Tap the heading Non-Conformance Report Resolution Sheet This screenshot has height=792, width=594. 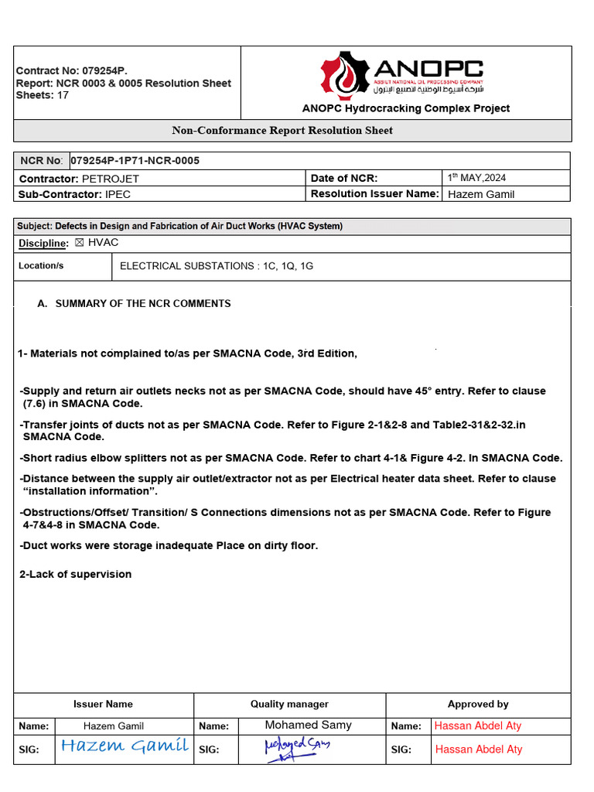[282, 131]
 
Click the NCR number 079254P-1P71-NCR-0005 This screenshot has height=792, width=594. [135, 161]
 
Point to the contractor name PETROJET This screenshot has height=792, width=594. [110, 179]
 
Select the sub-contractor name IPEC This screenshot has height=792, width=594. [118, 194]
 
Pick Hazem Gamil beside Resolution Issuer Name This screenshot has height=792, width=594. [480, 194]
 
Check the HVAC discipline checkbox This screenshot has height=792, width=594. [79, 243]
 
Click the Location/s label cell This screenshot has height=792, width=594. [41, 266]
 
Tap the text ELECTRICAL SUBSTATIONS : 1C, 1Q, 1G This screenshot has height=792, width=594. [217, 266]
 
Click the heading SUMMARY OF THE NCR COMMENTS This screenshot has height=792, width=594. [143, 304]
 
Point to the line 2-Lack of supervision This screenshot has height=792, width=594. [75, 574]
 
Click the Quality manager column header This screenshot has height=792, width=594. [289, 705]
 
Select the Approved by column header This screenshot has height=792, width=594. [478, 705]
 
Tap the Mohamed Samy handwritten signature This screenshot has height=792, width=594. [296, 749]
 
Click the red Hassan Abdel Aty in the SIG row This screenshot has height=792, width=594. [479, 749]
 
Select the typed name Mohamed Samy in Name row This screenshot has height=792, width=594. [308, 725]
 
